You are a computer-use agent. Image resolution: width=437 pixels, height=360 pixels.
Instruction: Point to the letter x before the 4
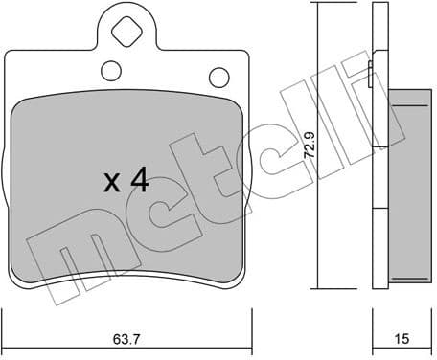(110, 183)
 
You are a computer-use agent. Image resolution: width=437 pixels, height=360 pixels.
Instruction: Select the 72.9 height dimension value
(308, 145)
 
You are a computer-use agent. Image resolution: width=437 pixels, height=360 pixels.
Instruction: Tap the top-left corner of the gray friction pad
(21, 103)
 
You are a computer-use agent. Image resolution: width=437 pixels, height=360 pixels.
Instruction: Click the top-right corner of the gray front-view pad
(236, 101)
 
